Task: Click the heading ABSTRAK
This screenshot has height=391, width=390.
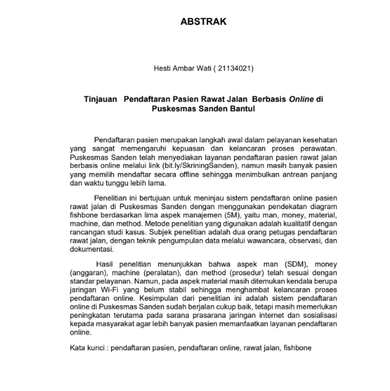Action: [204, 22]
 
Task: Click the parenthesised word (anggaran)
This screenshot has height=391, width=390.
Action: [90, 273]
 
